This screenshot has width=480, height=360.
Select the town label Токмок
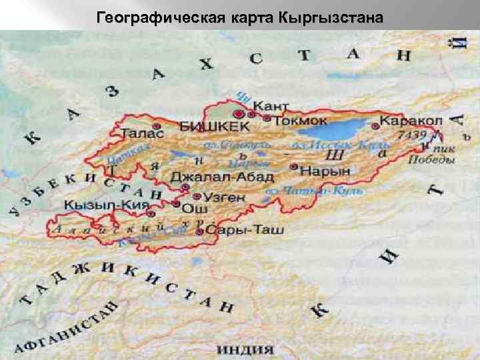pos(300,121)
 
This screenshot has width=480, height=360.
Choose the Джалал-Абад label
pos(222,177)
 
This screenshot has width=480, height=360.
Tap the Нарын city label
pos(325,171)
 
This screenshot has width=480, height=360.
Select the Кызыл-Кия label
pos(106,205)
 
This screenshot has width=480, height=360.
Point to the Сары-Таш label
pos(245,231)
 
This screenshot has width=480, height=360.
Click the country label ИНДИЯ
pos(246,349)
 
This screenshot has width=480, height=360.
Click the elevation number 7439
pos(411,135)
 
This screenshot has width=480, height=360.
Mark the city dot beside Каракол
pos(375,125)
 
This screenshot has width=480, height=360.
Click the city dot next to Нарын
pos(294,167)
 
